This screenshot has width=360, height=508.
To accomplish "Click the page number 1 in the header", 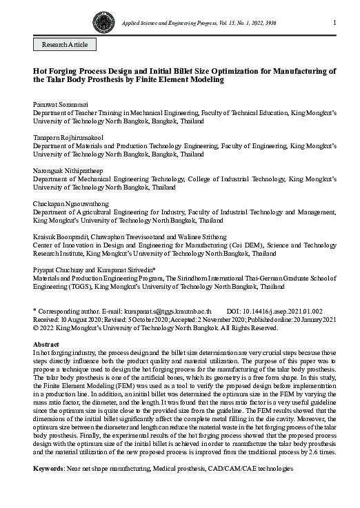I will click(334, 23).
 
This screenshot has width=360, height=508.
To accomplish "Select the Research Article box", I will click(65, 44).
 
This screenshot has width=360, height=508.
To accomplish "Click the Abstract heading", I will click(46, 344).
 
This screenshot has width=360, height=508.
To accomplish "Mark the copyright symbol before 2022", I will click(37, 328).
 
